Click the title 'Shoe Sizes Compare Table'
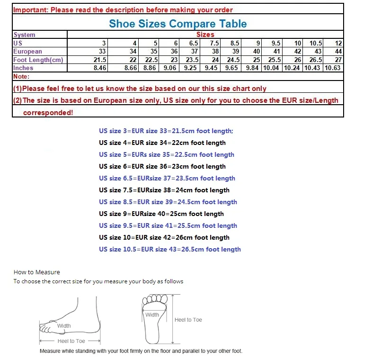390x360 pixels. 177,24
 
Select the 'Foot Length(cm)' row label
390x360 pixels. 38,60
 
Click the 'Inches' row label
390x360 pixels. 23,68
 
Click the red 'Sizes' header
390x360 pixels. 205,35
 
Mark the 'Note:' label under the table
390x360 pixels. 21,76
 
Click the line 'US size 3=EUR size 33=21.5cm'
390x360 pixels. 166,131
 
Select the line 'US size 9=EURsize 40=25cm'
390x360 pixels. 161,214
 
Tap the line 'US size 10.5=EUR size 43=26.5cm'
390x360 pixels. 170,249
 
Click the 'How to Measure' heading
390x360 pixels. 37,272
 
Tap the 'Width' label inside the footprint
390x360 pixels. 152,315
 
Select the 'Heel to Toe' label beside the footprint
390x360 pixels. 188,320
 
